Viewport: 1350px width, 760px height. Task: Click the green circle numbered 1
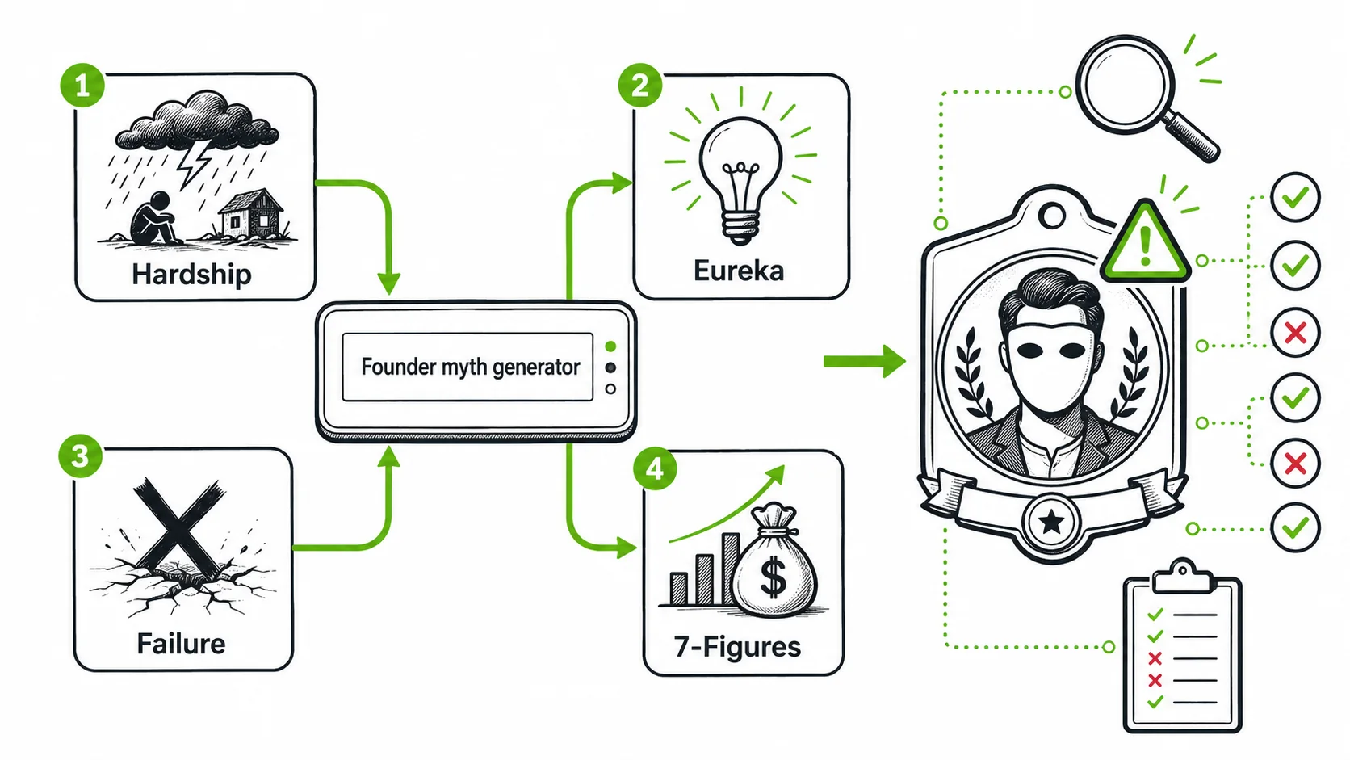tap(82, 86)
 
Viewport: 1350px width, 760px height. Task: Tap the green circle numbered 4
tap(655, 468)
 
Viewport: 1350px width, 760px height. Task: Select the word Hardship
tap(191, 275)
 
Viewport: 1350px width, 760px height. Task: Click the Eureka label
tap(738, 271)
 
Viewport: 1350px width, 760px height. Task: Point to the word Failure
tap(181, 644)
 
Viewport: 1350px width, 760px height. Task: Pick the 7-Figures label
tap(738, 647)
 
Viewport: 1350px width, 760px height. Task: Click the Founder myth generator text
tap(470, 367)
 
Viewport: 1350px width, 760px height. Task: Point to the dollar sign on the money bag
tap(774, 576)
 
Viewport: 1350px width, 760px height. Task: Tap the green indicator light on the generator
tap(610, 346)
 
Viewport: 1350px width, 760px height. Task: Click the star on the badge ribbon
tap(1051, 522)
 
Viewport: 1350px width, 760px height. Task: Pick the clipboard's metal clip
tap(1181, 576)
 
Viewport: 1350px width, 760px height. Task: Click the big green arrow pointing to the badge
tap(864, 361)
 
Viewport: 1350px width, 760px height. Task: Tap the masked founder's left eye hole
tap(1030, 350)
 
